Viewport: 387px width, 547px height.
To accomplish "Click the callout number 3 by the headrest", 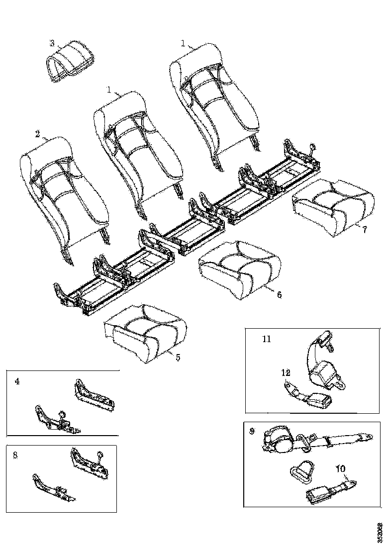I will [52, 43].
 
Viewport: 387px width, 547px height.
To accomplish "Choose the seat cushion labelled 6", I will [240, 269].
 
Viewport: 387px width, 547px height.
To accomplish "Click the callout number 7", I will [365, 229].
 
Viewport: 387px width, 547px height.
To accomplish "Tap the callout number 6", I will [279, 294].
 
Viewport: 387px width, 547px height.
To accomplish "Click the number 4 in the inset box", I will [17, 381].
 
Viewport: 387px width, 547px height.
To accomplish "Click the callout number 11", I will [267, 339].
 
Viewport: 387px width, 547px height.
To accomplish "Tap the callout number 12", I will [286, 372].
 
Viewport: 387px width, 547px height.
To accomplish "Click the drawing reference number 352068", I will [381, 532].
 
